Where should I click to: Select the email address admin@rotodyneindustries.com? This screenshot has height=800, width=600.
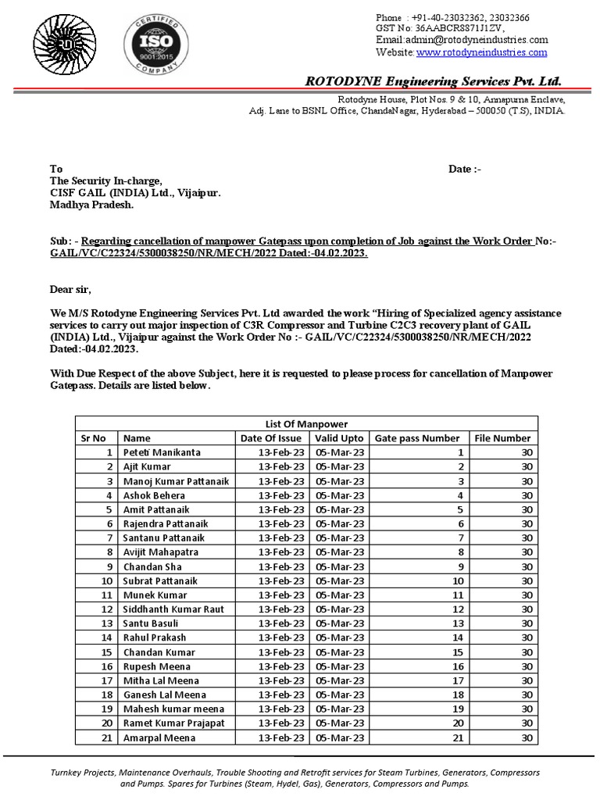pyautogui.click(x=462, y=40)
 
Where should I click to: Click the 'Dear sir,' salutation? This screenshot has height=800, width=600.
pyautogui.click(x=70, y=291)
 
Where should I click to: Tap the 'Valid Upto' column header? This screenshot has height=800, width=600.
pyautogui.click(x=339, y=438)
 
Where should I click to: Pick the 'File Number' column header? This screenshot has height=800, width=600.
pyautogui.click(x=502, y=438)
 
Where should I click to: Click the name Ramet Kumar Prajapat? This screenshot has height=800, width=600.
pyautogui.click(x=173, y=723)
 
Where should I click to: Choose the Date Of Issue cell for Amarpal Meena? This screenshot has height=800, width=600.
pyautogui.click(x=281, y=737)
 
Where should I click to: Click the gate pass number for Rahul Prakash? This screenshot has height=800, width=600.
pyautogui.click(x=459, y=637)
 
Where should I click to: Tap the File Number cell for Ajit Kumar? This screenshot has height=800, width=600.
pyautogui.click(x=527, y=466)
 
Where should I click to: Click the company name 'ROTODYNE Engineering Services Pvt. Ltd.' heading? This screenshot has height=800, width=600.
pyautogui.click(x=433, y=81)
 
